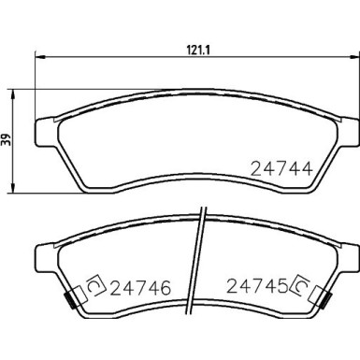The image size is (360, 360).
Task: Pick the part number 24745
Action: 255,289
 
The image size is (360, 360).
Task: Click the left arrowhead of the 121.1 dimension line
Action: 39,56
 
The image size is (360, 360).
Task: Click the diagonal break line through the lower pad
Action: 199,271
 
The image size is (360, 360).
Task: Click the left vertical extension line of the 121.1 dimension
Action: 36,84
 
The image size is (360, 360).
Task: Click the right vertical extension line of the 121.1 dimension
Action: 356,84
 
